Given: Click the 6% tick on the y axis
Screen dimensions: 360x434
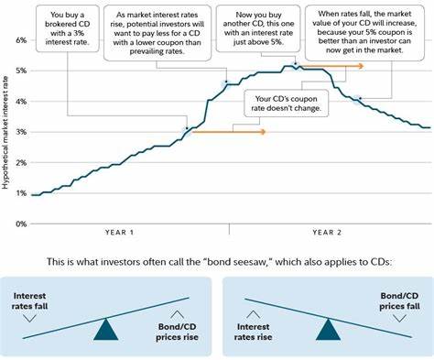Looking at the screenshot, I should pyautogui.click(x=20, y=41).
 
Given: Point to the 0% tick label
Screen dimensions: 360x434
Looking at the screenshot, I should pyautogui.click(x=20, y=223).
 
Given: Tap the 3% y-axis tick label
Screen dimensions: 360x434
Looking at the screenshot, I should pyautogui.click(x=20, y=132).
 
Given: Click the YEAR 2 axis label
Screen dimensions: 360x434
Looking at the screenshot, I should pyautogui.click(x=326, y=234).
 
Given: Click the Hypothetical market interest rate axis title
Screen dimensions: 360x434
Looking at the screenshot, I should pyautogui.click(x=6, y=132).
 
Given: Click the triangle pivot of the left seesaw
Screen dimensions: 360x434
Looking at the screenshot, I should pyautogui.click(x=108, y=327).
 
